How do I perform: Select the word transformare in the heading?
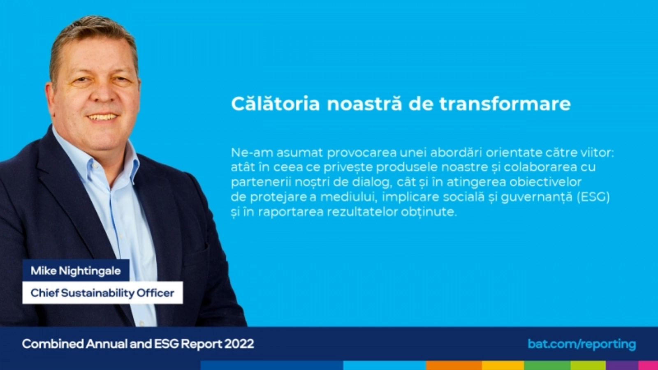pos(505,104)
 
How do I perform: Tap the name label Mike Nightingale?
pos(76,271)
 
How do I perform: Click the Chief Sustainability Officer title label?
pos(102,293)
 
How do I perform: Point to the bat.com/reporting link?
pos(582,344)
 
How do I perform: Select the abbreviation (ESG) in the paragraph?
pos(593,197)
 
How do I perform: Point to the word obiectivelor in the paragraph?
pos(545,182)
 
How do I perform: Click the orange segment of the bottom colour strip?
pos(454,365)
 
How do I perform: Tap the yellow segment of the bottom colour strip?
pos(503,365)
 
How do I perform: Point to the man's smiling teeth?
pos(103,117)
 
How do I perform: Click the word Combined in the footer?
pos(53,344)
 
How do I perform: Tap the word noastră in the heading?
pos(364,103)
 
